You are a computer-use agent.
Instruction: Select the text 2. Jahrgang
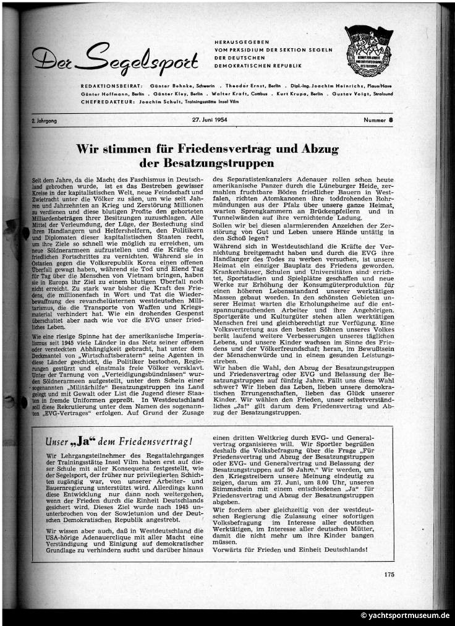point(44,121)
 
